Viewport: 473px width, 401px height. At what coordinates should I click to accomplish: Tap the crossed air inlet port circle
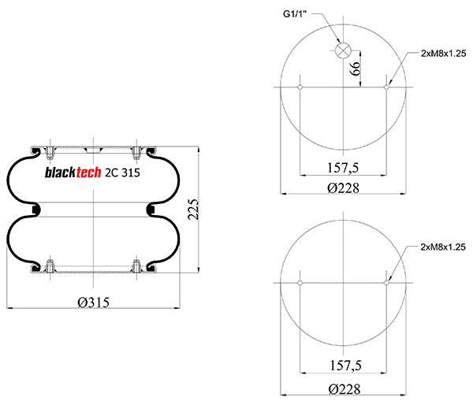coord(343,50)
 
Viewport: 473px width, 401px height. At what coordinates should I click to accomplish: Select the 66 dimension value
coord(356,69)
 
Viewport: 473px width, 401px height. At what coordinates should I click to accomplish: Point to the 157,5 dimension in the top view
coord(343,167)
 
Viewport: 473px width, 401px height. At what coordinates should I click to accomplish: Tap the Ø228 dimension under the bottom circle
coord(343,388)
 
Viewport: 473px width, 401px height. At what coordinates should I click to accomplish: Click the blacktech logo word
coord(72,173)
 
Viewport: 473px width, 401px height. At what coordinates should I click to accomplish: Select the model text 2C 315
coord(123,173)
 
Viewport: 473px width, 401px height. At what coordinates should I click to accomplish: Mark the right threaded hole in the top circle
coord(386,87)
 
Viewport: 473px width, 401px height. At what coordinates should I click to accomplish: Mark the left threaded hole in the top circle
coord(300,87)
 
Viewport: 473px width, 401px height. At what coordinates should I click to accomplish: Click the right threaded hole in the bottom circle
coord(386,282)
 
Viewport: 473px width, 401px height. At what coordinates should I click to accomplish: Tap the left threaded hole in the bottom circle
coord(300,282)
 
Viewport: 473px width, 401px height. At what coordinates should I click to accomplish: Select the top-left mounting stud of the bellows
coord(50,150)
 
